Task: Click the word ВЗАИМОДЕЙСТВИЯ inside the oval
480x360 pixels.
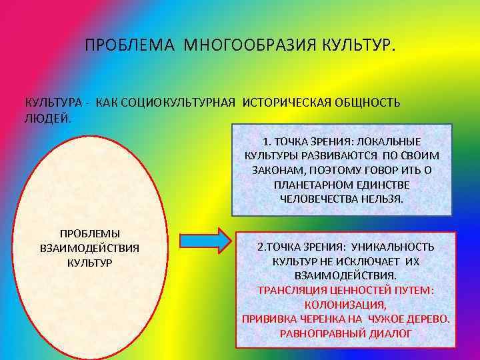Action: tap(89, 248)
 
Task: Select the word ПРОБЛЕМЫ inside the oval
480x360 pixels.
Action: tap(90, 234)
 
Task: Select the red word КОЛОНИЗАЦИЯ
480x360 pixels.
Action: tap(345, 304)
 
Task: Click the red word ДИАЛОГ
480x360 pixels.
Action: tap(391, 333)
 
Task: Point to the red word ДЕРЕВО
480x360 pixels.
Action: tap(427, 319)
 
